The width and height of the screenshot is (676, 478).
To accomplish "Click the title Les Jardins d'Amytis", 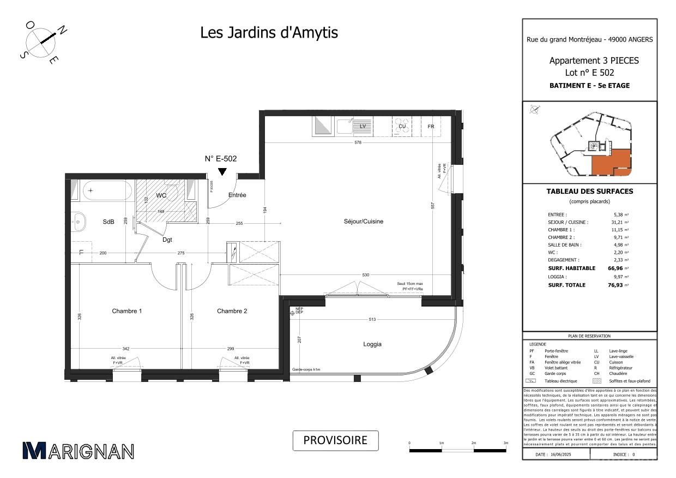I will (269, 33).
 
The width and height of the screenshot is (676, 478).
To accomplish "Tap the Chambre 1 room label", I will (127, 311).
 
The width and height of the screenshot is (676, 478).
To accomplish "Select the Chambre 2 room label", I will (232, 311).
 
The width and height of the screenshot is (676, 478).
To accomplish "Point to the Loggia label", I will (372, 344).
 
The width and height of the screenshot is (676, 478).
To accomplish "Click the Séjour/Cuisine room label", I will (363, 222).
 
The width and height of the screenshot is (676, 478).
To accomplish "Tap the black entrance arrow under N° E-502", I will (222, 172).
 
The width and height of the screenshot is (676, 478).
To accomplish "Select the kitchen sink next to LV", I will (345, 127).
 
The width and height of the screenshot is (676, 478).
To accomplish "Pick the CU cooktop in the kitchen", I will (402, 127).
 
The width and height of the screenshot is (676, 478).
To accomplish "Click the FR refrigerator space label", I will (431, 127).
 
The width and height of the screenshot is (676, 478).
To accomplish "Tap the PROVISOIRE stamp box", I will (335, 440).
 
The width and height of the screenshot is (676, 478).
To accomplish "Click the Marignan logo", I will (78, 451).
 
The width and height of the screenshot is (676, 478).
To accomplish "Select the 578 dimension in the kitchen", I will (357, 143).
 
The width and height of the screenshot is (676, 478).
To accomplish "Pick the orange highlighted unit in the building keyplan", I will (611, 162).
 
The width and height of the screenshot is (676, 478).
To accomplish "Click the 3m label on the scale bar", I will (506, 443).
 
